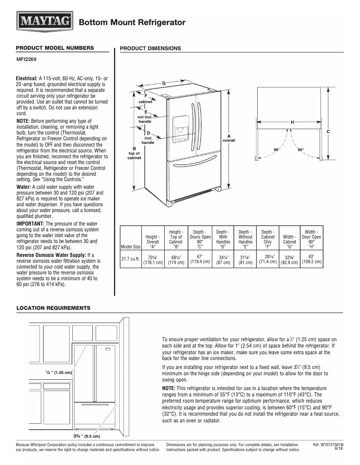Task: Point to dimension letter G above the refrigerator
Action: tap(164, 83)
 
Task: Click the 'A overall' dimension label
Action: tap(229, 138)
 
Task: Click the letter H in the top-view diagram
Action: tap(292, 122)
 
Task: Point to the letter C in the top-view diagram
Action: tap(328, 131)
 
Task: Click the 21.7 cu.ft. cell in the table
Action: tap(131, 259)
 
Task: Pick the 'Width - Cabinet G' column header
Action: tap(290, 239)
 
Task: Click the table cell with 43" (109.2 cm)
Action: tap(311, 259)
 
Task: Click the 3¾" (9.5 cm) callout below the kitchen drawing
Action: tap(87, 435)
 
